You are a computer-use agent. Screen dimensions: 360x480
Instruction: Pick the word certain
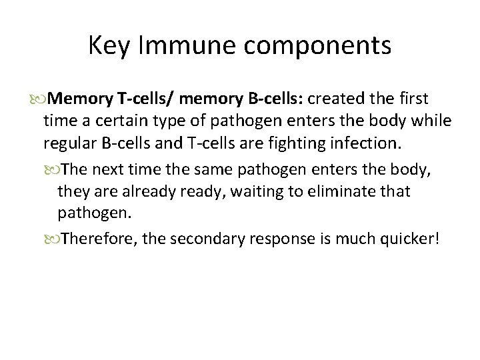tap(125, 123)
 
